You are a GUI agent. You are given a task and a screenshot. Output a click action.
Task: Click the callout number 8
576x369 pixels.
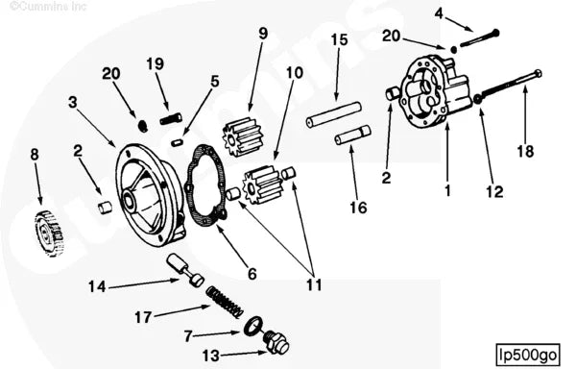(35, 154)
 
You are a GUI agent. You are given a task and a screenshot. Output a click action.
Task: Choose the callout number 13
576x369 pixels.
(210, 355)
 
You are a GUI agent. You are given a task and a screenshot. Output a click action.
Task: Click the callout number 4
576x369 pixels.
(439, 13)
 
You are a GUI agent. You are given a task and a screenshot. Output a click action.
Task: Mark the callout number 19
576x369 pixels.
(156, 63)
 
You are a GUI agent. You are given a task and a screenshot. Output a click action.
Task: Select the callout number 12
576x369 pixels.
(492, 191)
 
